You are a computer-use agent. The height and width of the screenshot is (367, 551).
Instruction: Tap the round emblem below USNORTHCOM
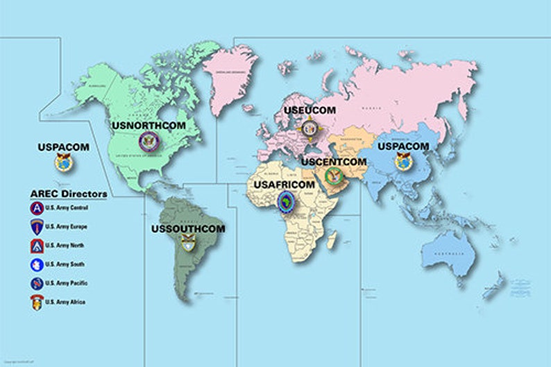coord(149,143)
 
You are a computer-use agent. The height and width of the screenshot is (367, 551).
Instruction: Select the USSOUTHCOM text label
coord(188,228)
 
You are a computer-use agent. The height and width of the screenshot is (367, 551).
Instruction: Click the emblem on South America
coord(188,244)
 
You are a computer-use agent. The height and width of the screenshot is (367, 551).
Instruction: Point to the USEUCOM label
coord(310,110)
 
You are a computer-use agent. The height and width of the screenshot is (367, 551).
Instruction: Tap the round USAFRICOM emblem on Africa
coord(285,203)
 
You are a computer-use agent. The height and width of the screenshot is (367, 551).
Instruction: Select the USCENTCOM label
coord(333,162)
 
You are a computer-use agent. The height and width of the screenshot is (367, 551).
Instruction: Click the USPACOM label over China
coord(402,146)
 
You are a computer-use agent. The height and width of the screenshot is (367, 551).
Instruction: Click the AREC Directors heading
coord(69,194)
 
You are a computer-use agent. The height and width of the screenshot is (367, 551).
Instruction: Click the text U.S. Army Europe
coord(67,227)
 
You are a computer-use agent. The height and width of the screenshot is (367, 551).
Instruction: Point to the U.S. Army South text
coord(66,264)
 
